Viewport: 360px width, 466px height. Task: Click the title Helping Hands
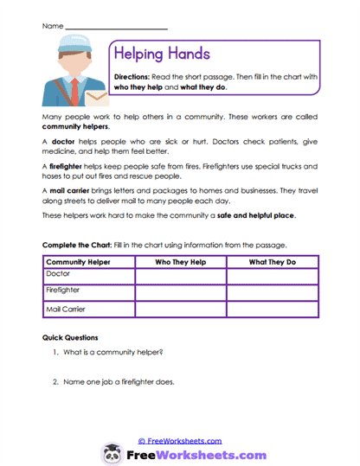[162, 54]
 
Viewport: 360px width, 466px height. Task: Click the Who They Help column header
[180, 261]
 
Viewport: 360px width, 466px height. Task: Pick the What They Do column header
[272, 261]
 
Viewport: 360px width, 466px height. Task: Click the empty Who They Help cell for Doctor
[180, 275]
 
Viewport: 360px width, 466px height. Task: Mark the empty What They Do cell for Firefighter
[272, 292]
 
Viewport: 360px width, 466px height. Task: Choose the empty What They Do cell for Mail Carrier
[272, 310]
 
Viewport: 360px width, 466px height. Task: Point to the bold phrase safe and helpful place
[260, 215]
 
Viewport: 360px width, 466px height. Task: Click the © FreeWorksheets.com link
[180, 441]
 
